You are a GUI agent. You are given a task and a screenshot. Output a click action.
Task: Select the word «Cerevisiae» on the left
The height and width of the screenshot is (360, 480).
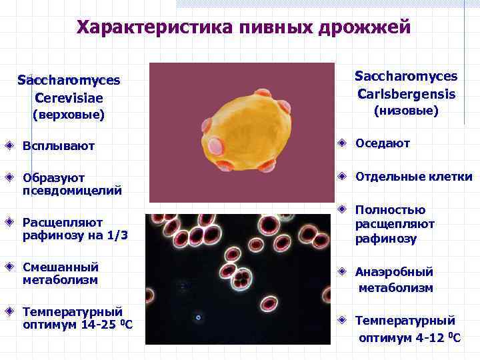(x=69, y=97)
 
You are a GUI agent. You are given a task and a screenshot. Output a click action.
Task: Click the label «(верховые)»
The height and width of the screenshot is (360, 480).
(x=69, y=115)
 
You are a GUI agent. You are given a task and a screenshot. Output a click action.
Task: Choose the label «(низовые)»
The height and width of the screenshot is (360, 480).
(x=405, y=110)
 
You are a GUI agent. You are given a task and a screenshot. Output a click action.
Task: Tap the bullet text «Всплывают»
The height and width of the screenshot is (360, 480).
(x=59, y=145)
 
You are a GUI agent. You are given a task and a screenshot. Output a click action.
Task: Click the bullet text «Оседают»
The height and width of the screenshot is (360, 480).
(x=383, y=143)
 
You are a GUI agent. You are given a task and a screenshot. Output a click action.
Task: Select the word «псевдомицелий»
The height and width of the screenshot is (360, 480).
(x=72, y=191)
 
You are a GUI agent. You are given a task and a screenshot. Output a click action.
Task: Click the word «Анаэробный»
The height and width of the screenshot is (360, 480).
(x=394, y=272)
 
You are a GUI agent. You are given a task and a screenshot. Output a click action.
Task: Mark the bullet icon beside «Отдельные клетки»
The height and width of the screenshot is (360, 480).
(x=341, y=177)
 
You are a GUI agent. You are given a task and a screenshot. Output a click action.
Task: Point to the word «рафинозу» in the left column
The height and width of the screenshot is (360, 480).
(x=54, y=235)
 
